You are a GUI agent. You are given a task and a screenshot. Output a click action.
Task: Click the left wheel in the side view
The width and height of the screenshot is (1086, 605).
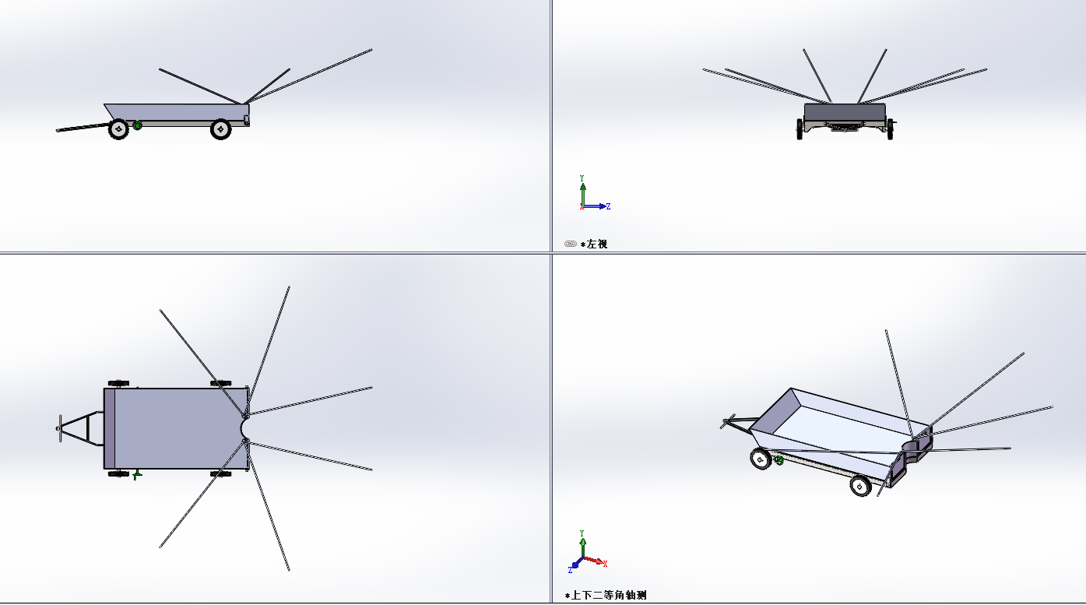[118, 129]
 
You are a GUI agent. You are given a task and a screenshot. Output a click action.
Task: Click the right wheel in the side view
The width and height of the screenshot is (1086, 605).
[220, 129]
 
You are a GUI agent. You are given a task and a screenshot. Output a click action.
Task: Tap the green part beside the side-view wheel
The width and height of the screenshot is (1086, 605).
[137, 125]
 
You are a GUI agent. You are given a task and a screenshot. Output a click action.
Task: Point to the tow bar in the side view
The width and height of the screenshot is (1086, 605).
[83, 128]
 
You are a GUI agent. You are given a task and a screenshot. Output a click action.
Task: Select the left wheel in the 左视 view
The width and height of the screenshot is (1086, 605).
[800, 129]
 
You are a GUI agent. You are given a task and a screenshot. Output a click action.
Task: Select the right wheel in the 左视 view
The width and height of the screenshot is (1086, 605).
[890, 129]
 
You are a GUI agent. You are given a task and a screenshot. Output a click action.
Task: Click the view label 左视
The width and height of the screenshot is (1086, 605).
[597, 244]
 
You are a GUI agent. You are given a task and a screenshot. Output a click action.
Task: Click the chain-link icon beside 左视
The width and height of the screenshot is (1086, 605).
[570, 244]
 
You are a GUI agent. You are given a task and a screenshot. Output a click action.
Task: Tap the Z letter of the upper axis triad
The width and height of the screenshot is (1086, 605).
[608, 206]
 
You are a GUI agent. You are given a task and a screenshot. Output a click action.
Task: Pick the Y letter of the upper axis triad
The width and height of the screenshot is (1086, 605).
[582, 178]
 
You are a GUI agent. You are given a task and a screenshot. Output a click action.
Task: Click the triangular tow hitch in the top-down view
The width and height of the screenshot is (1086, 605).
[80, 428]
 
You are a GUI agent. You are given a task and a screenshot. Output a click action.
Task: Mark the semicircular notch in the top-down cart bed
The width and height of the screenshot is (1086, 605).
[244, 428]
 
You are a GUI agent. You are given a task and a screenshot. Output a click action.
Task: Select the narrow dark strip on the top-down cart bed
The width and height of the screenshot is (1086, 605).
[110, 428]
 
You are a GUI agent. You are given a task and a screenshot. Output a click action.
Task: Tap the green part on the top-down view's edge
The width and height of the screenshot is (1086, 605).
[137, 474]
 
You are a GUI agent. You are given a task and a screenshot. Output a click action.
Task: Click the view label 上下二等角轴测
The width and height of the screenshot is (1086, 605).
[609, 596]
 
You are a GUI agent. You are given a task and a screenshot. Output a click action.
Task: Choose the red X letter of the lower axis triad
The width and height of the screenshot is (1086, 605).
[605, 564]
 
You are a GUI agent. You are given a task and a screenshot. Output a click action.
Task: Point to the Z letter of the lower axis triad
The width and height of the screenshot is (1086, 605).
[570, 570]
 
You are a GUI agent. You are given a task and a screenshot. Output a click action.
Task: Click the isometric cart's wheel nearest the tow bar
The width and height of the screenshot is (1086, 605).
[760, 459]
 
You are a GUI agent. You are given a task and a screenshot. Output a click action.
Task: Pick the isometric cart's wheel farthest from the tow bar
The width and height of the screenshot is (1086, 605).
[860, 485]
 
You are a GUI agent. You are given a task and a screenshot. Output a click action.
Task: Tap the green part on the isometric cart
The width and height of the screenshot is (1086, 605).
[778, 460]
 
